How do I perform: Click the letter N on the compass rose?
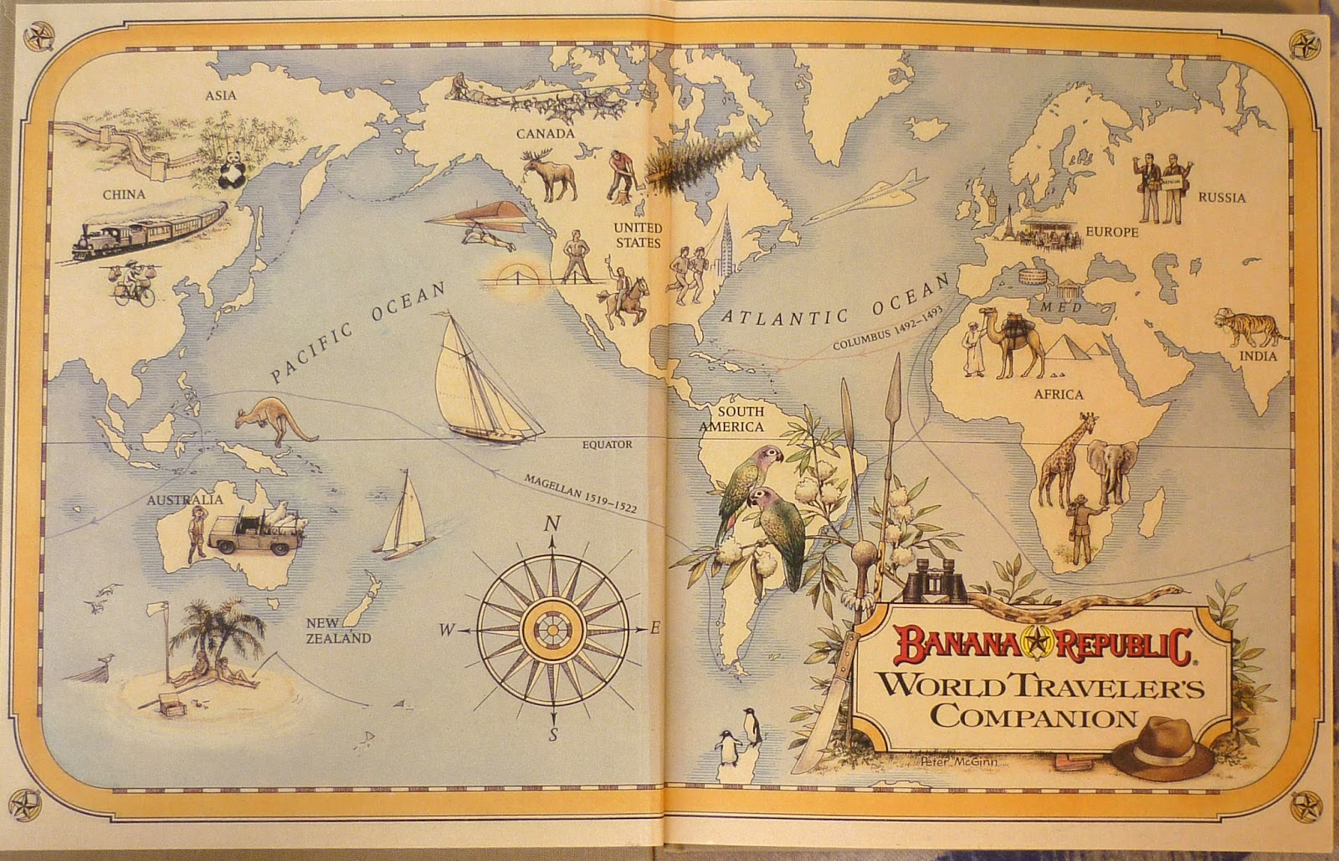[x=552, y=524]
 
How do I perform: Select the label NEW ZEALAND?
[x=337, y=630]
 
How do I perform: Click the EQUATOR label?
[x=608, y=445]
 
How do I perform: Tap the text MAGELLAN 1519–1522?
[x=578, y=495]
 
